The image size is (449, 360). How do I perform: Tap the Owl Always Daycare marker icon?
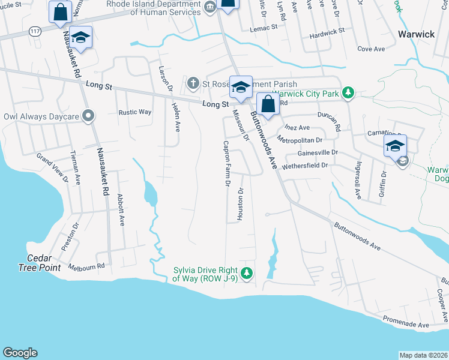coord(89,116)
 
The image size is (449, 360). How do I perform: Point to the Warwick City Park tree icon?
coord(347,92)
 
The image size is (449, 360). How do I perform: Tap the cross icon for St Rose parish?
coord(193,82)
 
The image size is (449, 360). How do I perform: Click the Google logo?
coord(20,353)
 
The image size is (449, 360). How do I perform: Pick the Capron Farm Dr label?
coord(227,163)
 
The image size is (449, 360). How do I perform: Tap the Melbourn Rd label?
coord(86,265)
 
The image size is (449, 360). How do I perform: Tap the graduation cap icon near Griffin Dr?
coord(396,146)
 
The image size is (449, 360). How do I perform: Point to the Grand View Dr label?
coord(62,167)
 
